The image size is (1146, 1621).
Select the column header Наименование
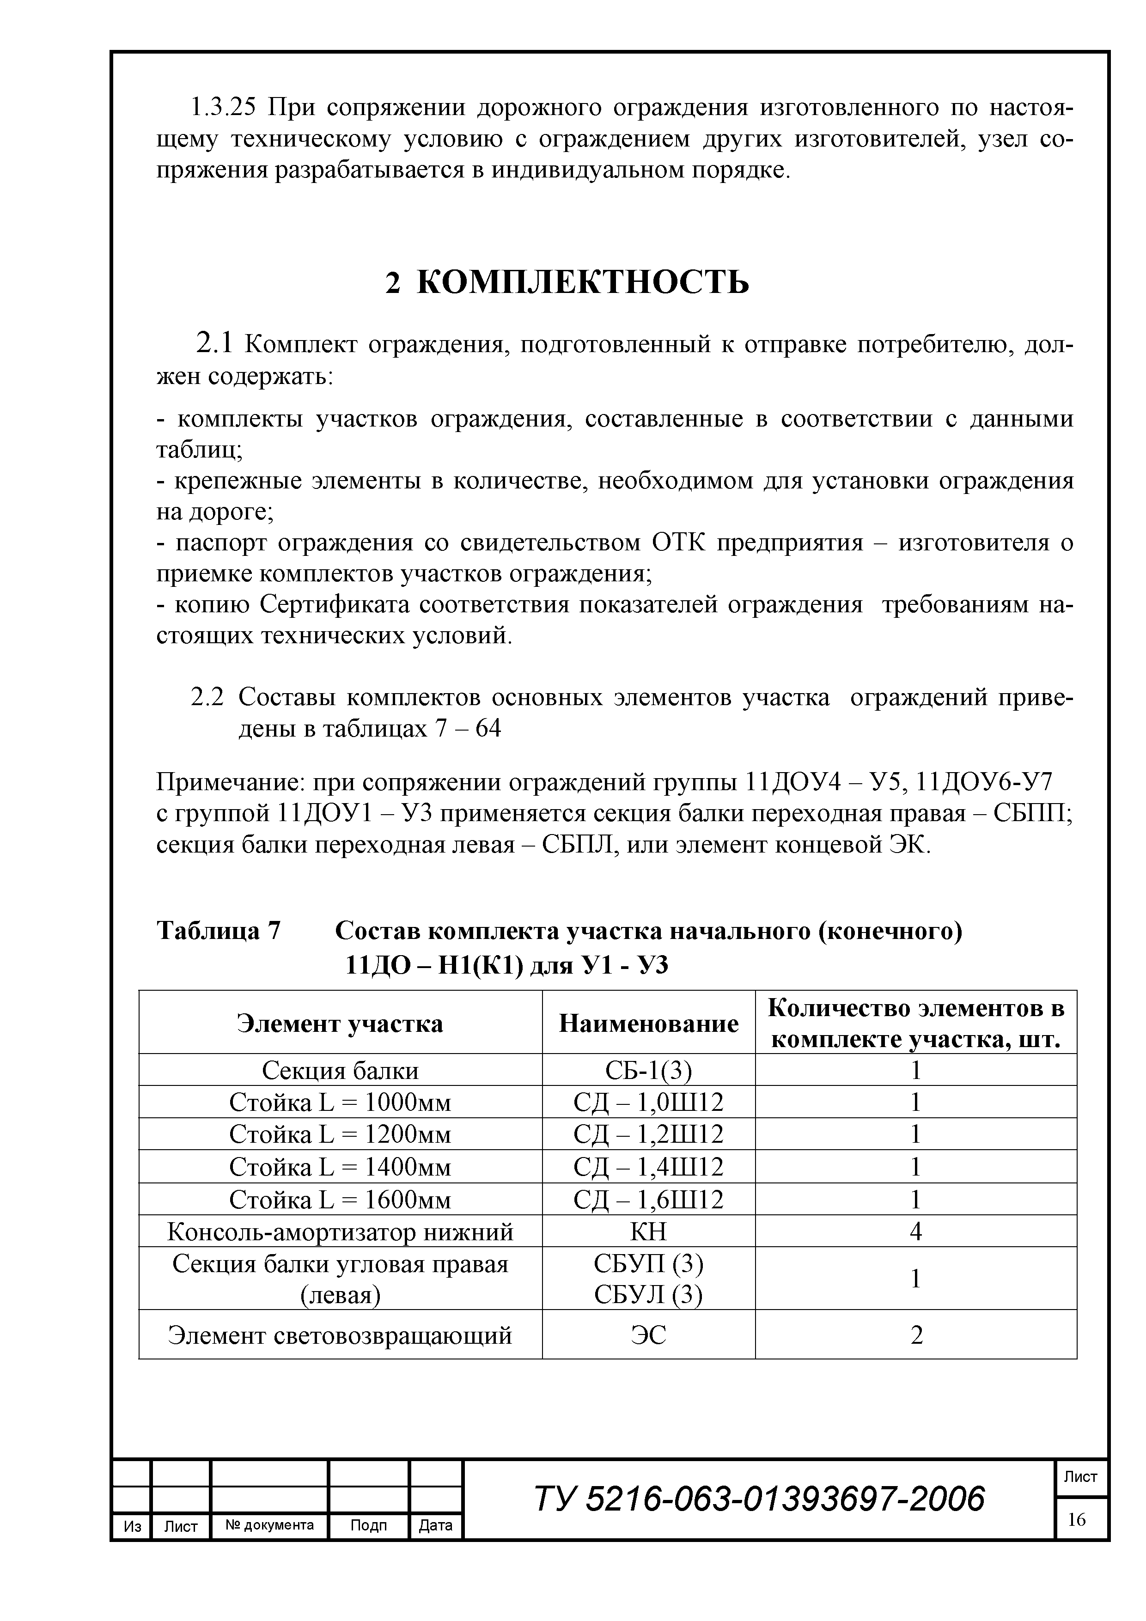coord(648,1023)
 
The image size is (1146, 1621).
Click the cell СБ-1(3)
coord(648,1071)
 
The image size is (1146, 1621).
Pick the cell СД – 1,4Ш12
coord(648,1167)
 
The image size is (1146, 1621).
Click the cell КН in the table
coord(648,1232)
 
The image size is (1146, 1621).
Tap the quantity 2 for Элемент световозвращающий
coord(916,1335)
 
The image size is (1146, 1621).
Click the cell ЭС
coord(648,1335)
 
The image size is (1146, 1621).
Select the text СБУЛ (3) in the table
coord(648,1295)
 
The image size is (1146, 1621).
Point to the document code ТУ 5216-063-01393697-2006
coord(759,1498)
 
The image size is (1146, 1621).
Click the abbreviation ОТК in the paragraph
coord(678,543)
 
